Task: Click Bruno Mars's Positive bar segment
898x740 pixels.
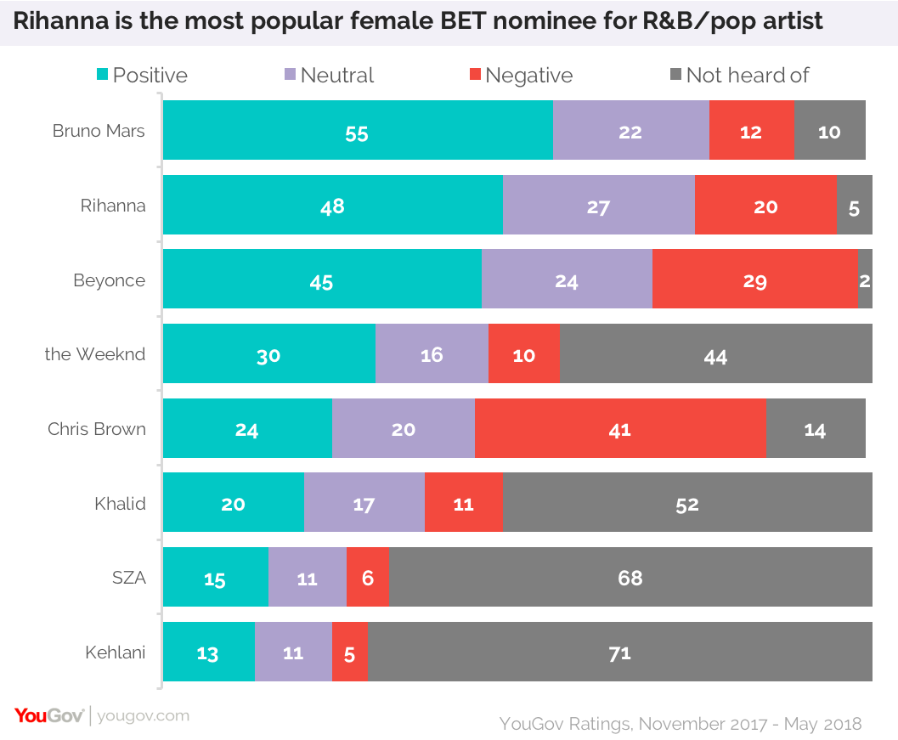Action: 358,130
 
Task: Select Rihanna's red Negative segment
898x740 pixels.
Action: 765,205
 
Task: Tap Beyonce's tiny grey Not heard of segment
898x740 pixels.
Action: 865,280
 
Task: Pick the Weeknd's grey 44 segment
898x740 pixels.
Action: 716,353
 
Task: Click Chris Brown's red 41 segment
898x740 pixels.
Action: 620,428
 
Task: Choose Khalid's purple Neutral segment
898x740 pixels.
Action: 364,503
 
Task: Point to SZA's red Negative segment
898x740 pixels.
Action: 368,578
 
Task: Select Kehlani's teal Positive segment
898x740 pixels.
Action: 208,652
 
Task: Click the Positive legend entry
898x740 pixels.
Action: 141,75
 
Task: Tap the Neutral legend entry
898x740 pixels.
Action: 329,75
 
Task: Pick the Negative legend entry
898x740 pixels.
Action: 520,75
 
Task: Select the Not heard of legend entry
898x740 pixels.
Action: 738,75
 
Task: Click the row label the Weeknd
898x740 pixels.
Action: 95,354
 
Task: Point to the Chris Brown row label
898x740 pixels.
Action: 97,429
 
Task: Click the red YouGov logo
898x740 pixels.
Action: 48,715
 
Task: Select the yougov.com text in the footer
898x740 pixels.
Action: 144,716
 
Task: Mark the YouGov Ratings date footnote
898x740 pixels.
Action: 681,724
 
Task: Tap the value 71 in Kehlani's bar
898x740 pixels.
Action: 619,652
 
